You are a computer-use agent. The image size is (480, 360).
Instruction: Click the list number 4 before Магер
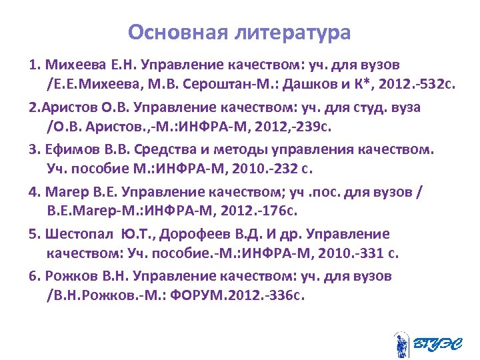click(x=33, y=191)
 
